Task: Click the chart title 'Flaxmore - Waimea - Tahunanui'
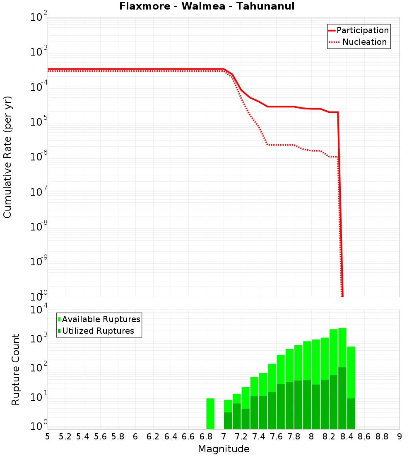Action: coord(207,6)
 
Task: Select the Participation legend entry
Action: coord(359,30)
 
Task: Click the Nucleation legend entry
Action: coord(359,42)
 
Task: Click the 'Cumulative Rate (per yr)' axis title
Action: coord(7,157)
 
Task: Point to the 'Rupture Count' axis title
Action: coord(16,369)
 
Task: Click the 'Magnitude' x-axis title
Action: coord(224,449)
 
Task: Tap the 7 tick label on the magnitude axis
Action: coord(224,437)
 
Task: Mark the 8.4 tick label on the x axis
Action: coord(347,437)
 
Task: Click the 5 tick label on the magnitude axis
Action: coord(48,437)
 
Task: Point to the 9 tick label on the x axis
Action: coord(400,437)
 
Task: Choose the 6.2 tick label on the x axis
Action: coord(153,437)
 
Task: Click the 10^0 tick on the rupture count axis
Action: coord(39,427)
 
